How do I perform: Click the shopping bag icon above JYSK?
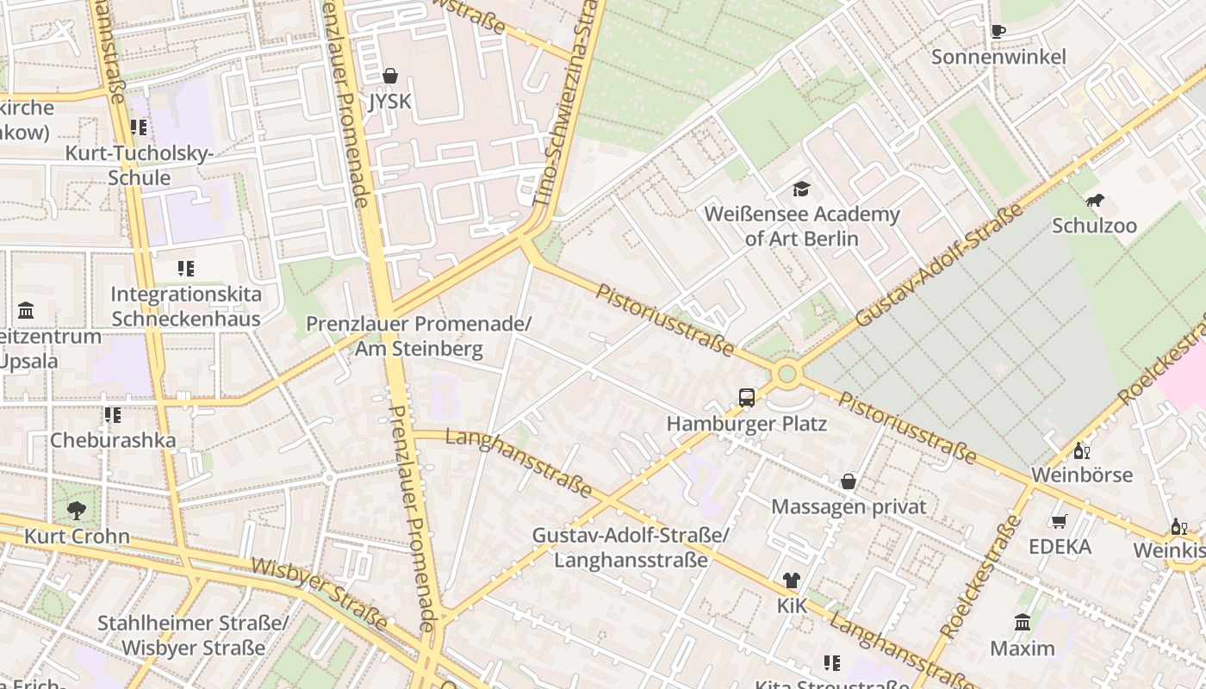pos(390,76)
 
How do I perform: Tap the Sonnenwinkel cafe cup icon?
pos(998,31)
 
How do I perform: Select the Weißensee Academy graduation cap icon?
pos(802,188)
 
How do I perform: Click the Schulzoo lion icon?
pos(1094,201)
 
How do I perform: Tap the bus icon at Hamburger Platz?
pos(747,398)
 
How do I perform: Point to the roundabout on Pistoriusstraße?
pos(786,375)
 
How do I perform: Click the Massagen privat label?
pos(849,506)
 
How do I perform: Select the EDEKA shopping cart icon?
pos(1059,521)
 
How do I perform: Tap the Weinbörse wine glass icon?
pos(1081,450)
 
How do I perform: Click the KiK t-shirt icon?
pos(791,580)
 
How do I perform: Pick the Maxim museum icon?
pos(1023,622)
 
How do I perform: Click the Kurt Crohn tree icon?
pos(77,510)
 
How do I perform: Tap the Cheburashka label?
pos(113,440)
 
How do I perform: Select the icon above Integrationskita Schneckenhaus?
pos(185,268)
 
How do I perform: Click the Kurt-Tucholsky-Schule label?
pos(140,165)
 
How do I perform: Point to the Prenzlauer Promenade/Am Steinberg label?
pos(420,336)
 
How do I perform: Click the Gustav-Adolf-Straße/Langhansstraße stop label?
pos(631,547)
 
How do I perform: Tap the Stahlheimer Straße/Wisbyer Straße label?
pos(193,635)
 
